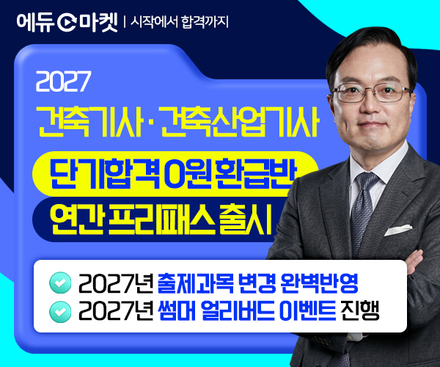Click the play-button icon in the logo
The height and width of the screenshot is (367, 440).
pyautogui.click(x=67, y=23)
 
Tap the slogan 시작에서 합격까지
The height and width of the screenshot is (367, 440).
pyautogui.click(x=180, y=22)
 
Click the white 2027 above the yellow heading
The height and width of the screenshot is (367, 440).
pyautogui.click(x=63, y=81)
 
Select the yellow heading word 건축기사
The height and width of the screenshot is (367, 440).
pyautogui.click(x=89, y=122)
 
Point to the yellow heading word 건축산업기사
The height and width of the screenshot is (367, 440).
pyautogui.click(x=241, y=122)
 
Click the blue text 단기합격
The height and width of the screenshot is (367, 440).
pyautogui.click(x=104, y=174)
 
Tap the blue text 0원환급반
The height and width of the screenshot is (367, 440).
pyautogui.click(x=230, y=174)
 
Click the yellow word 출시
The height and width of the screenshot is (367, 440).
pyautogui.click(x=246, y=219)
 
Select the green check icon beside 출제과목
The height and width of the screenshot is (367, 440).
pyautogui.click(x=60, y=283)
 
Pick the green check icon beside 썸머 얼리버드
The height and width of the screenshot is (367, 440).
pyautogui.click(x=60, y=312)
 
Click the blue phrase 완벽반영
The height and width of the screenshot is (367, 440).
pyautogui.click(x=319, y=283)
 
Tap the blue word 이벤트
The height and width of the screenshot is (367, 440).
pyautogui.click(x=308, y=310)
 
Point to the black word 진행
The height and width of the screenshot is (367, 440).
pyautogui.click(x=360, y=310)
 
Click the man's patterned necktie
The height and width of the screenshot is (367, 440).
pyautogui.click(x=362, y=214)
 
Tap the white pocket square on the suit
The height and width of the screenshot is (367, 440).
pyautogui.click(x=398, y=230)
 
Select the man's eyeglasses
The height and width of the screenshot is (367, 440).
pyautogui.click(x=373, y=92)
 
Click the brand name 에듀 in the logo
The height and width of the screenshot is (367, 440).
pyautogui.click(x=35, y=23)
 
